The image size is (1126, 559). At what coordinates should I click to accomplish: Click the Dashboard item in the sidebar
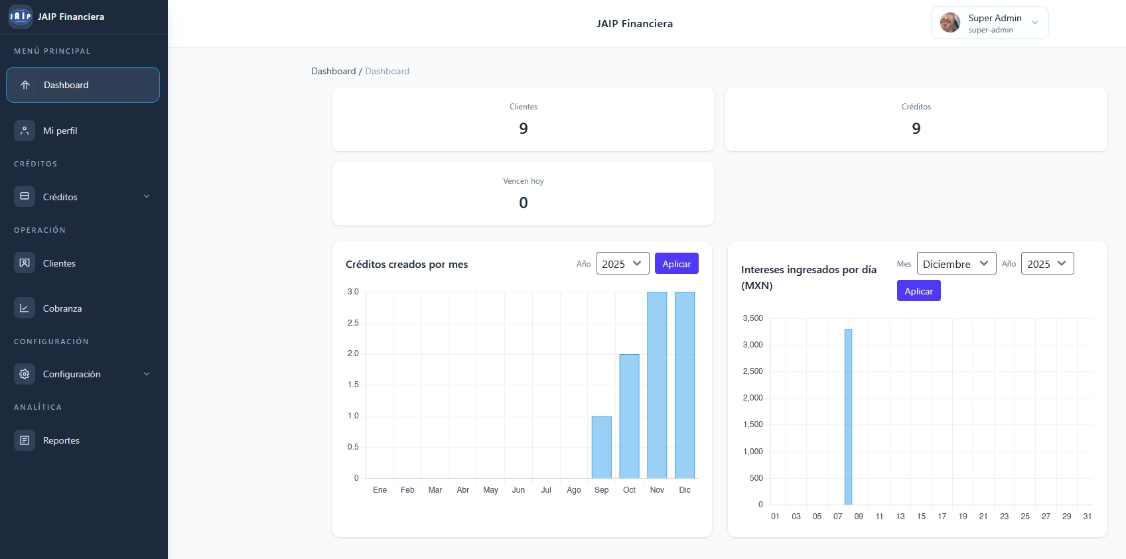82,85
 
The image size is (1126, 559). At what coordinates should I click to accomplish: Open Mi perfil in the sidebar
60,131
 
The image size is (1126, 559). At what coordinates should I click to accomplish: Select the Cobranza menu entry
62,308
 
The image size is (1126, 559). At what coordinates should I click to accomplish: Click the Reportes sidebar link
61,440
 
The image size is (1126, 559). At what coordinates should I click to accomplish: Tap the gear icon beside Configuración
25,374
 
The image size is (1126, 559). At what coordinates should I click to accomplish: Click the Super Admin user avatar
950,23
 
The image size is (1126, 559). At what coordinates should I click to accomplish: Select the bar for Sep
602,447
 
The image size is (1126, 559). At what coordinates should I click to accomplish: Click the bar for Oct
629,416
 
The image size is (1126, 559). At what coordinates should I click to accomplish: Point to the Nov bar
657,385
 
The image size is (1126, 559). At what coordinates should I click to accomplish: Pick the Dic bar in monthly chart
685,385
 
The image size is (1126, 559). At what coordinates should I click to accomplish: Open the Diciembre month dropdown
956,264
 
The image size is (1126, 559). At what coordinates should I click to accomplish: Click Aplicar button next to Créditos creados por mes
676,264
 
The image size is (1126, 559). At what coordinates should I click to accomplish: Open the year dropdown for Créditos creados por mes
622,264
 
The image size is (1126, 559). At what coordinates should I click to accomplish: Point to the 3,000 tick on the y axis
753,345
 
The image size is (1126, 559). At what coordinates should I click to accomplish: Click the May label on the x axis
490,490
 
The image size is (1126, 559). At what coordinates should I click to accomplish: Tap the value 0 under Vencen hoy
524,203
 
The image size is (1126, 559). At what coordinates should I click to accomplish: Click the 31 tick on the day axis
1087,517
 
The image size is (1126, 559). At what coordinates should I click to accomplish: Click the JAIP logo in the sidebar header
20,17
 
